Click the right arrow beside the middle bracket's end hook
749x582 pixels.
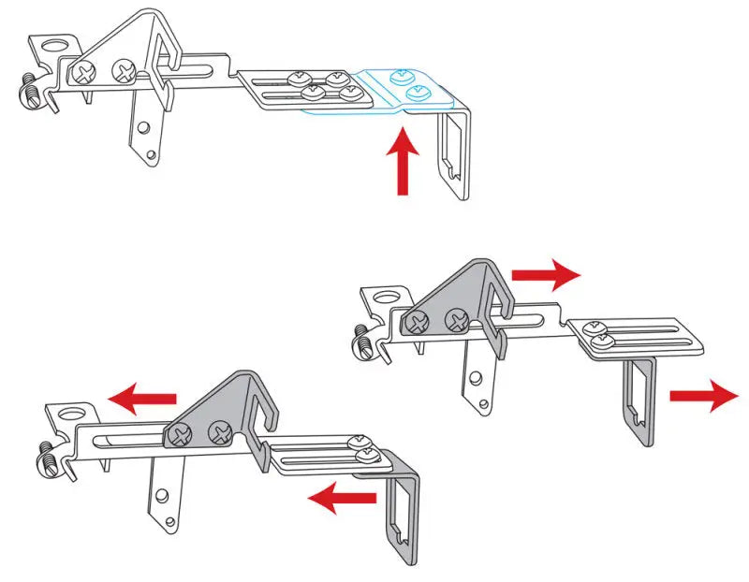pos(703,396)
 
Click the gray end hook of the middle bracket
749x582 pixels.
pos(639,398)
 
